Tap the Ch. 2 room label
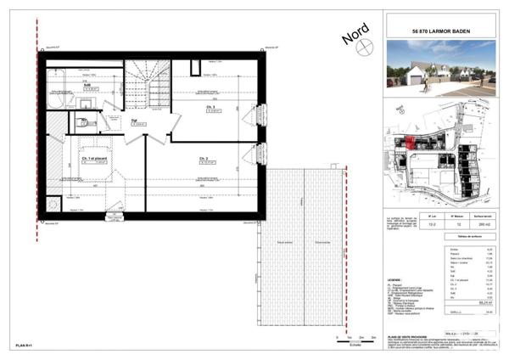click(x=204, y=159)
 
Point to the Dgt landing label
click(x=134, y=120)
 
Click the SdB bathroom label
click(x=87, y=84)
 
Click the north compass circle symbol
click(x=364, y=48)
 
